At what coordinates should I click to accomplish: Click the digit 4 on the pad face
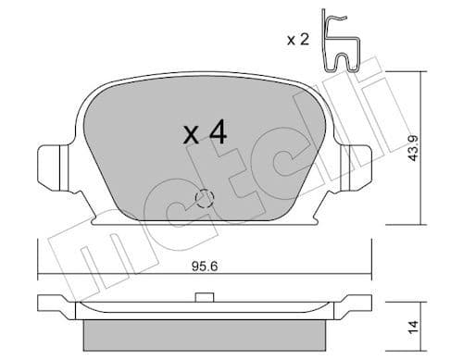[218, 132]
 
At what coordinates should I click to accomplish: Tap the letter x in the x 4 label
[191, 136]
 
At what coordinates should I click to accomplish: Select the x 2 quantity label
[298, 39]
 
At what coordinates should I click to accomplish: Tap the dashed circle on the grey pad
[205, 198]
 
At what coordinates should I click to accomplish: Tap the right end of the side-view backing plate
[367, 303]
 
